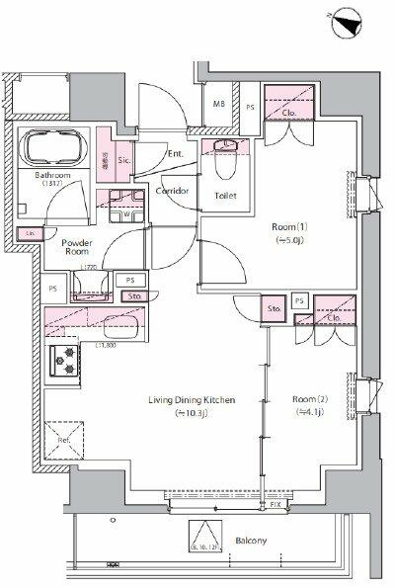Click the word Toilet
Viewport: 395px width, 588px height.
(226, 195)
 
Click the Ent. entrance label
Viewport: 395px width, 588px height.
(176, 154)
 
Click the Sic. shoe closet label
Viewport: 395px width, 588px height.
(124, 160)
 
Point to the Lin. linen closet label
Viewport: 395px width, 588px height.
(31, 234)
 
